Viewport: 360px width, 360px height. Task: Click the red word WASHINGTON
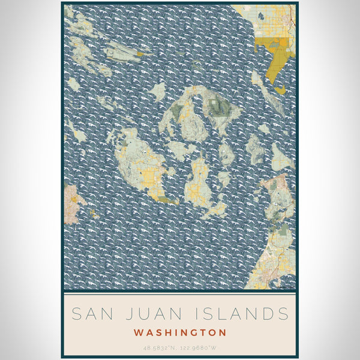point(180,332)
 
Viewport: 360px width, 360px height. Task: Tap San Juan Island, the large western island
point(138,165)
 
